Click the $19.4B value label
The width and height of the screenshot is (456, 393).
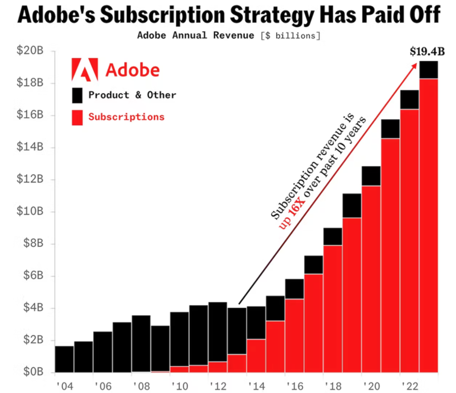tap(427, 52)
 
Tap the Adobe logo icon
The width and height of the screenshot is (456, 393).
tap(85, 69)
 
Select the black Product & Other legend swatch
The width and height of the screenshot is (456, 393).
tap(77, 95)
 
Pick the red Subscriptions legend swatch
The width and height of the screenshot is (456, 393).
tap(77, 117)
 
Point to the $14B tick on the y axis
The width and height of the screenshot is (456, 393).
tap(30, 146)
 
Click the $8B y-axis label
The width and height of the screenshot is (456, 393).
tap(33, 243)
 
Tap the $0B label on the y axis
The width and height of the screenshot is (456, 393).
tap(33, 371)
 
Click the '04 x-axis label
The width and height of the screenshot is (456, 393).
tap(65, 386)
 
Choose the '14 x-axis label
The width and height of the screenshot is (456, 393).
tap(256, 386)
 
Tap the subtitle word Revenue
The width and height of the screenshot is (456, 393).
tap(233, 35)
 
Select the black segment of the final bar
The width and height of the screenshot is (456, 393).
tap(429, 70)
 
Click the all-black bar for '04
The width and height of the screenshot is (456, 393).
tap(64, 359)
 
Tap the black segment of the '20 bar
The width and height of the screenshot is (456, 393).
tap(371, 176)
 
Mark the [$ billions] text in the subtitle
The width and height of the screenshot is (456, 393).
tap(290, 36)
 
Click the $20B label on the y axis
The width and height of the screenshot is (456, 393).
tap(30, 50)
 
